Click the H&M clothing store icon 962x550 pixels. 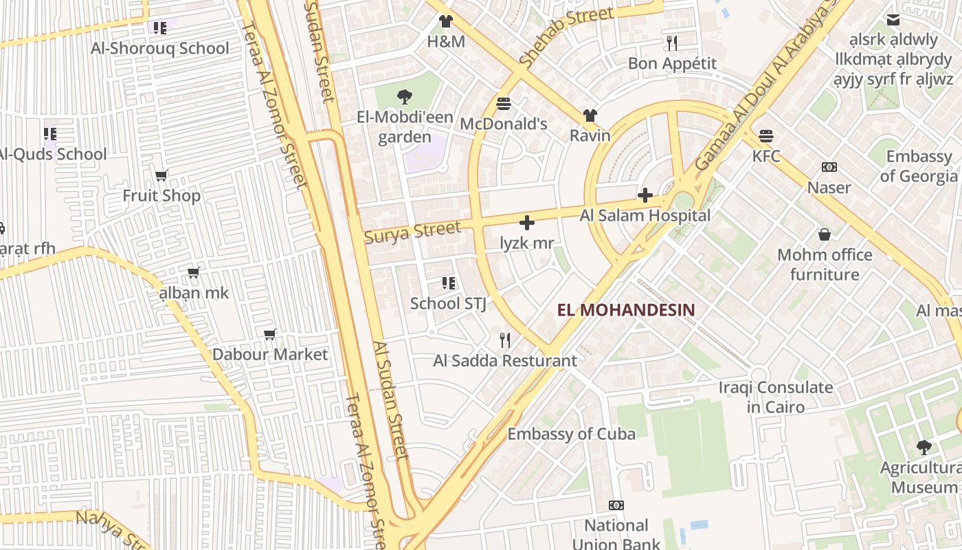pos(446,21)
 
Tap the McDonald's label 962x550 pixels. pos(504,124)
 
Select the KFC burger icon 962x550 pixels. pos(766,136)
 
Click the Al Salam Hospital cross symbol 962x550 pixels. pos(645,196)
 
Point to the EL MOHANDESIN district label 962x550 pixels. pos(626,310)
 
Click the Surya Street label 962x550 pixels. pos(412,232)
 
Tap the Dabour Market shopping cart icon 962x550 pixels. pos(270,335)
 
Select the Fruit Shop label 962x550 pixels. pos(161,196)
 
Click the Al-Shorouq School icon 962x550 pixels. pos(159,28)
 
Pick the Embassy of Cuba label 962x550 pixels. pos(571,434)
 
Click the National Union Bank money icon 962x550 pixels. pos(616,506)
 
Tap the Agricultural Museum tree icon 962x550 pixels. pos(924,448)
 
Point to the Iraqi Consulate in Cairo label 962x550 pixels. pos(776,397)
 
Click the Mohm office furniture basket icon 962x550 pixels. pos(825,235)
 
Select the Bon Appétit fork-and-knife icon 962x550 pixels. pos(672,43)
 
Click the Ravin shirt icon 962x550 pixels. pos(590,115)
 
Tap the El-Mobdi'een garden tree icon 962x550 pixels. pos(405,97)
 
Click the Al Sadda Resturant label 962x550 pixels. pos(505,360)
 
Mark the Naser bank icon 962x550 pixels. pos(829,167)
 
